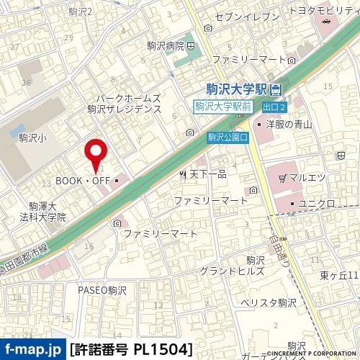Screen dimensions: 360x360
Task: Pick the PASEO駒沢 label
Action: click(x=101, y=289)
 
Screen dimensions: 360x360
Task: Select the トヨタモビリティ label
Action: click(x=323, y=11)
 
